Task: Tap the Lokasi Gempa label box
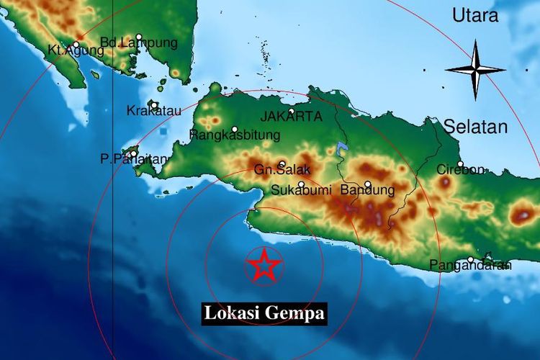click(x=264, y=314)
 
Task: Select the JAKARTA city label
click(x=291, y=117)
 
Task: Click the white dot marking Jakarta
click(x=291, y=112)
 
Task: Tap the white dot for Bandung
click(x=367, y=184)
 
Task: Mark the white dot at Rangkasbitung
click(x=235, y=130)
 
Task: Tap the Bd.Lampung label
click(x=138, y=43)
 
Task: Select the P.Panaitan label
click(x=135, y=159)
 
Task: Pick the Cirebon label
click(x=461, y=170)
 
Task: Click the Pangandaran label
click(x=470, y=266)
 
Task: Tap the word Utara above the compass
click(x=475, y=16)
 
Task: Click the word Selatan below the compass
click(x=475, y=127)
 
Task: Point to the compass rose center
click(x=475, y=70)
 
